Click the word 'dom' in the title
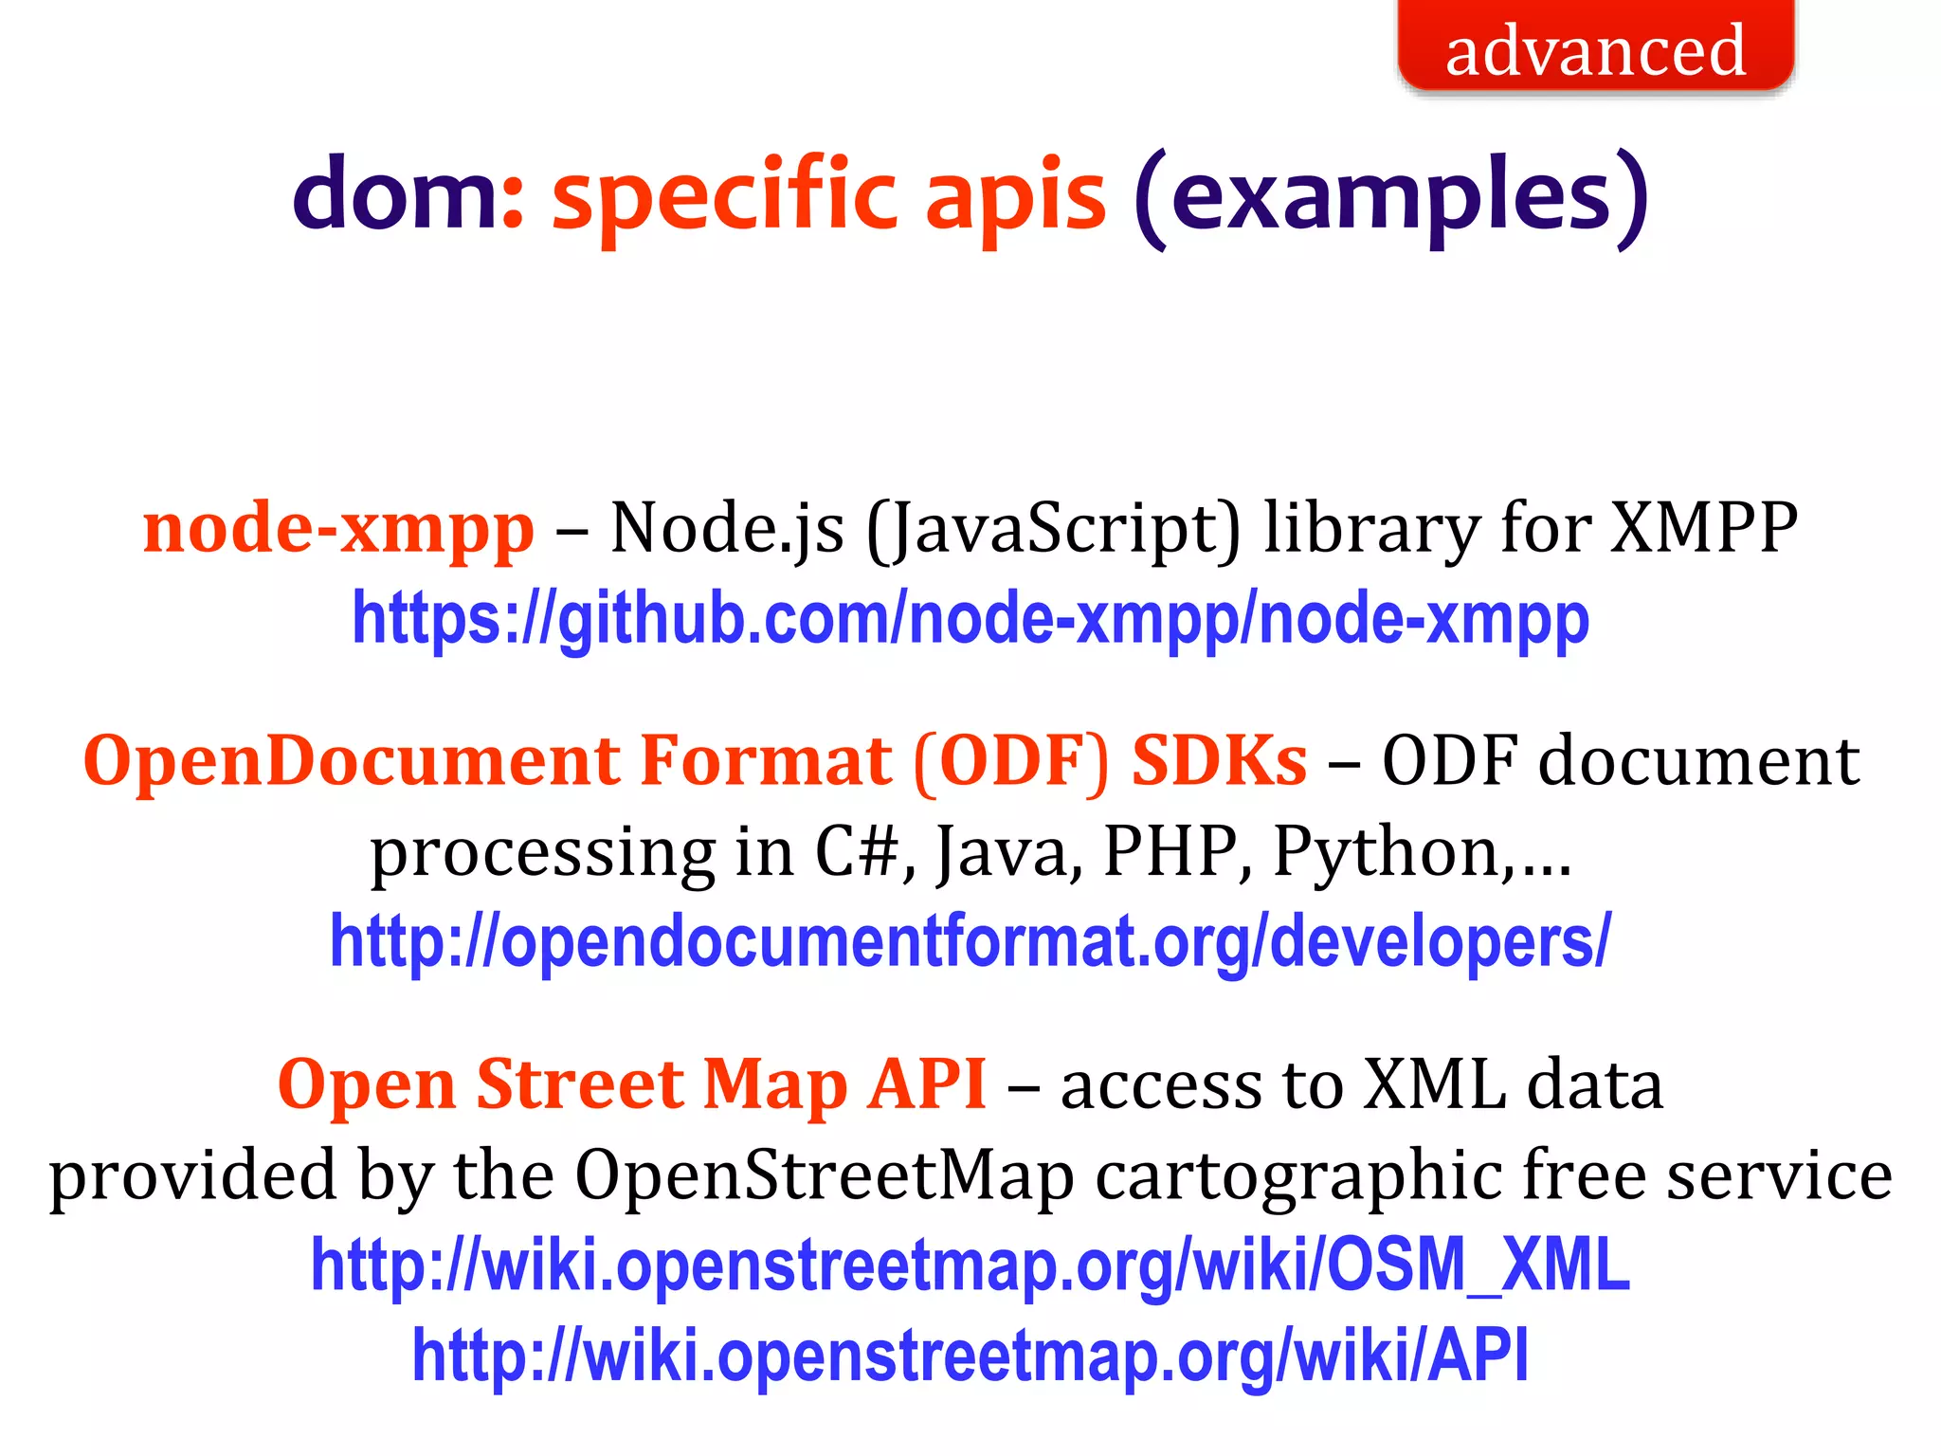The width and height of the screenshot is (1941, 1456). pyautogui.click(x=394, y=194)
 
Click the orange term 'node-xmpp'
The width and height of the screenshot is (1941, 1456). pyautogui.click(x=338, y=529)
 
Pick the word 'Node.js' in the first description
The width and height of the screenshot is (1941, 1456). pyautogui.click(x=727, y=529)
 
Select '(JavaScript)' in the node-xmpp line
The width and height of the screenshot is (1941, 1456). pyautogui.click(x=1053, y=529)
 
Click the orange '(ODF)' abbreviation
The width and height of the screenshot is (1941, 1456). pyautogui.click(x=1011, y=761)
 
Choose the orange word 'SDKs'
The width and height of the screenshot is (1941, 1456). pyautogui.click(x=1220, y=761)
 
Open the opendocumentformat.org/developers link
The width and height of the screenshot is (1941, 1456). pyautogui.click(x=970, y=942)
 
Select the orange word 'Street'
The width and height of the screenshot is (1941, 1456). pyautogui.click(x=579, y=1083)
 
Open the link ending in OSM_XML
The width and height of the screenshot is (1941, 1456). pyautogui.click(x=970, y=1265)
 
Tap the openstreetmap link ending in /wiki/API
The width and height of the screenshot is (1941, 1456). pyautogui.click(x=970, y=1356)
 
